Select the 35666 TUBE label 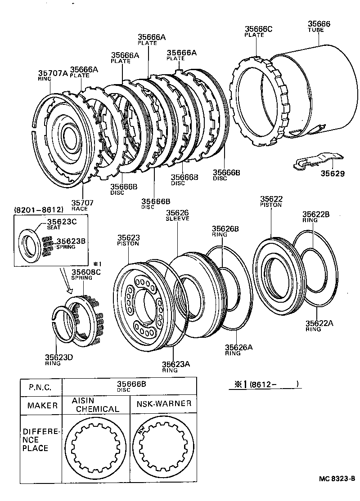[x=319, y=27]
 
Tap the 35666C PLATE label [x=258, y=31]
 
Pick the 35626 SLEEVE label [x=177, y=215]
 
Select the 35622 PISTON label [x=271, y=201]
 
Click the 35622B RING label [x=315, y=217]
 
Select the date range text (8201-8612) [x=38, y=210]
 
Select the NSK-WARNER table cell [x=164, y=404]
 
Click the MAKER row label [x=42, y=405]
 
